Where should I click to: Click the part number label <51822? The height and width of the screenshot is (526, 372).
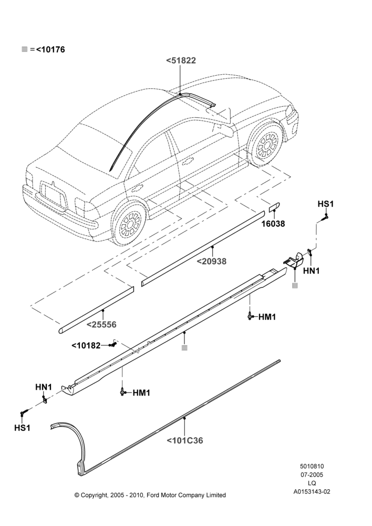[x=181, y=60]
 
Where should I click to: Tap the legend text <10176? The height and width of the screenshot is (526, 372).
[x=50, y=49]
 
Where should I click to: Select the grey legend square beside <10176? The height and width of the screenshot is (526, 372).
[x=25, y=49]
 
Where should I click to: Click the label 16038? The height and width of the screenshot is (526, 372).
[x=273, y=224]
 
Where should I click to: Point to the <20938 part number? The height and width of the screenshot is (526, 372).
[x=211, y=261]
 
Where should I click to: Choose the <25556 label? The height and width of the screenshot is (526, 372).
[x=101, y=325]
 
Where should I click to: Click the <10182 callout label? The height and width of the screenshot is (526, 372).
[x=86, y=345]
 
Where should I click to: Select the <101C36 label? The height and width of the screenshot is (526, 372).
[x=184, y=440]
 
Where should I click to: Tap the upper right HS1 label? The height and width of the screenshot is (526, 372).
[x=326, y=204]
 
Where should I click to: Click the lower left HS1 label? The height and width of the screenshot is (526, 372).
[x=23, y=428]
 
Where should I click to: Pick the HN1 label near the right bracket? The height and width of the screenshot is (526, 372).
[x=312, y=271]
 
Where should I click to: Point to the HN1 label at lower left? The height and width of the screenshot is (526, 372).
[x=44, y=387]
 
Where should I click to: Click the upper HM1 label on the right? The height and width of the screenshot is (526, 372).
[x=267, y=317]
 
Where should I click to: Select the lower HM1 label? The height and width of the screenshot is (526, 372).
[x=141, y=392]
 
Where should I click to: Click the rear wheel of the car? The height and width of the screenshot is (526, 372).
[x=130, y=222]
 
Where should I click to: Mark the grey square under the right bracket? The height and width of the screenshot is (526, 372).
[x=295, y=286]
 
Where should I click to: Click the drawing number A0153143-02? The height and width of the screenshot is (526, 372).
[x=312, y=492]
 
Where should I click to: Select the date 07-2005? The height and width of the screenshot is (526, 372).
[x=312, y=474]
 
